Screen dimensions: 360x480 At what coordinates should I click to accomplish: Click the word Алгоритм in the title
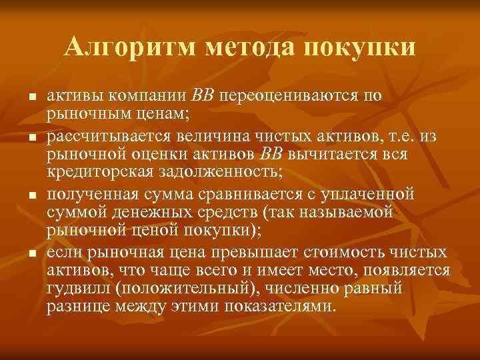[x=131, y=47]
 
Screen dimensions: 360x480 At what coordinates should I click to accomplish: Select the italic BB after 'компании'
[x=203, y=94]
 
